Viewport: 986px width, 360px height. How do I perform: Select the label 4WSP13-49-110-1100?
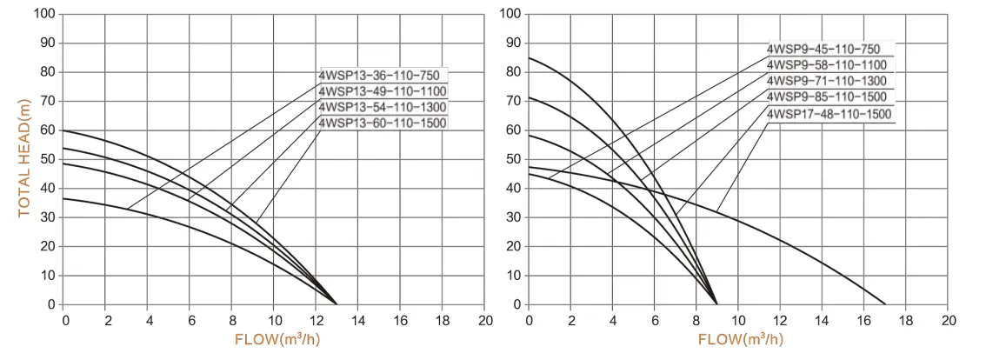point(383,91)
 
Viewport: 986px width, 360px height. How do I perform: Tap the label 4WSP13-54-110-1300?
point(383,107)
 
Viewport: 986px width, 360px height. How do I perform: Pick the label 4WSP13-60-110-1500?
point(383,123)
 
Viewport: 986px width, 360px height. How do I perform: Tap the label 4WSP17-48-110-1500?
point(829,114)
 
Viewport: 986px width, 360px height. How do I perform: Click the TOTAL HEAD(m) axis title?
point(24,160)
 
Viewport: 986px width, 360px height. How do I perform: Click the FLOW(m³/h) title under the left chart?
point(277,339)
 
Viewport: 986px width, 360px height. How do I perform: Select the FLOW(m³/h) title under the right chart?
point(742,339)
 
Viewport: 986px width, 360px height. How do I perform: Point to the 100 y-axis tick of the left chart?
point(44,15)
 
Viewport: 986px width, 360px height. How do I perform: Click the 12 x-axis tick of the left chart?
point(316,319)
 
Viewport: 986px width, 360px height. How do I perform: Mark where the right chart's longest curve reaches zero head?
point(885,304)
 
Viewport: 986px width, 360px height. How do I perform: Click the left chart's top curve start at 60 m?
point(65,130)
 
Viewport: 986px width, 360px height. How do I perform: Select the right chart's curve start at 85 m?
point(530,58)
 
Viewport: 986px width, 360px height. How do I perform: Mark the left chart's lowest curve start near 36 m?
point(65,199)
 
